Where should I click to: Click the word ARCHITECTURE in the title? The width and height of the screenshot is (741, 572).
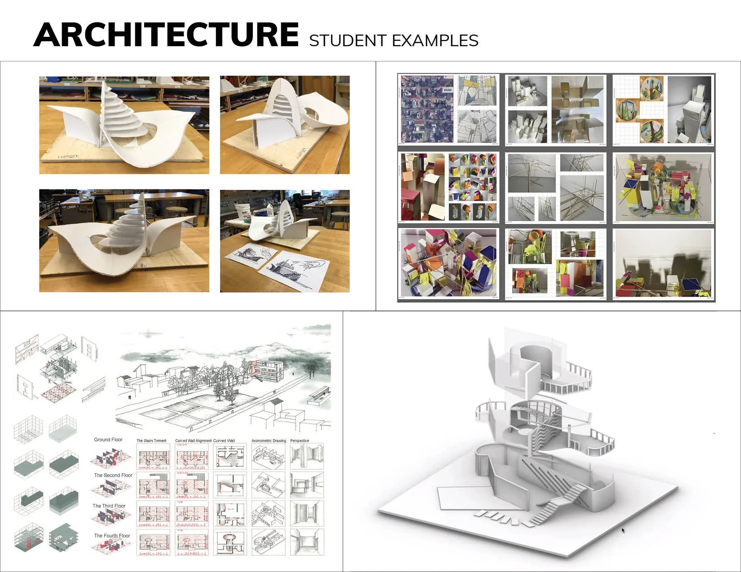[166, 35]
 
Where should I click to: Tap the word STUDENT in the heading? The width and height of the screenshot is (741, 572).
[348, 41]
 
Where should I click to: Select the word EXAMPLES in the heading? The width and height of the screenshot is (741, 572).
[435, 41]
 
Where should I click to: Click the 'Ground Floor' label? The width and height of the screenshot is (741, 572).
[108, 440]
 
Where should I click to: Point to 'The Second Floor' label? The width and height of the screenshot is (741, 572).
[113, 475]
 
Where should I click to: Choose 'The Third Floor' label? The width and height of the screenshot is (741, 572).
[109, 506]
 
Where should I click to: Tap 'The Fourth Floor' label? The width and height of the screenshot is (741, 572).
[112, 536]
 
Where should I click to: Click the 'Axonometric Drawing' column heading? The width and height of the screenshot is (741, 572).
[269, 441]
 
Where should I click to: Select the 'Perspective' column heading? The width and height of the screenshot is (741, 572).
[300, 441]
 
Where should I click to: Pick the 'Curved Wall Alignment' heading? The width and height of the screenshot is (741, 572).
[193, 441]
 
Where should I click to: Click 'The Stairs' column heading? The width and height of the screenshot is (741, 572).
[151, 441]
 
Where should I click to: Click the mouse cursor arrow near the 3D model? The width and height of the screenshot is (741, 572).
[623, 530]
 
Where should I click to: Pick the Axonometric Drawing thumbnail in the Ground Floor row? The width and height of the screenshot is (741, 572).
[268, 456]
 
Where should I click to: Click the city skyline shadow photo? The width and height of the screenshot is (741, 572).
[663, 263]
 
